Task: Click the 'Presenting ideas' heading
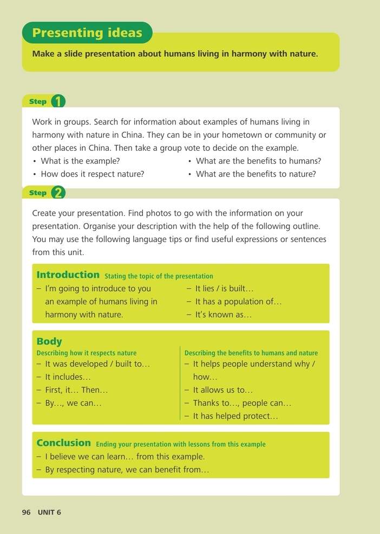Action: point(87,33)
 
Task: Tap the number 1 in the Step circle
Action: point(58,102)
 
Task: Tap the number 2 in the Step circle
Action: point(58,193)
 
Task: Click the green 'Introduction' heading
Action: point(68,275)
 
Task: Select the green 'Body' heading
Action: point(49,342)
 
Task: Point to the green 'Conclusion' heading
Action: point(64,443)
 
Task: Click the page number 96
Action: point(27,512)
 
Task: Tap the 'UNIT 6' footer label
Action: point(49,512)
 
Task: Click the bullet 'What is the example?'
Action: point(80,161)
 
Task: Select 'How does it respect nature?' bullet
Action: point(93,174)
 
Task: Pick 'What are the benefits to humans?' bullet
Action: point(258,161)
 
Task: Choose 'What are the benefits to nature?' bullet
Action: point(255,174)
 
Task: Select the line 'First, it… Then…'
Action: point(76,390)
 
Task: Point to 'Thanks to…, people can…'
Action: point(242,403)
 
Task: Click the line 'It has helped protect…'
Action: point(235,416)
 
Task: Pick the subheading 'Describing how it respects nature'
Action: point(87,353)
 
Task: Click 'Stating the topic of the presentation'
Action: point(159,276)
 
